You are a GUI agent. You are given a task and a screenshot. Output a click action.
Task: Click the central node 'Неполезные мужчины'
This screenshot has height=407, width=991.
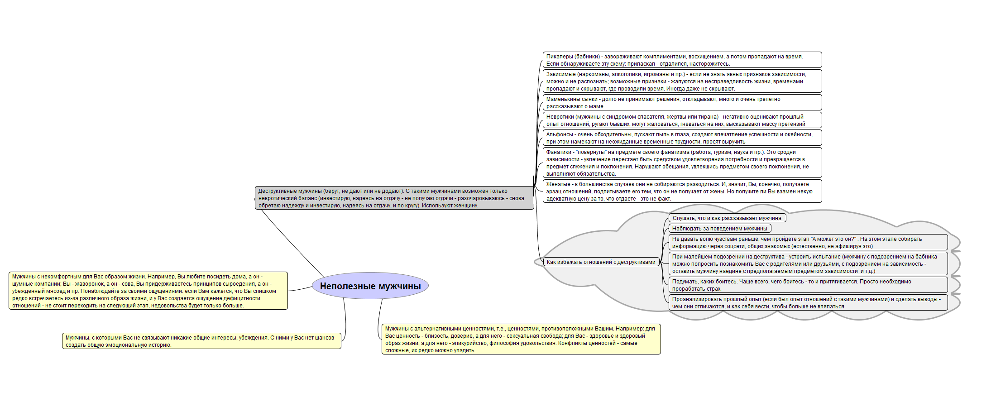370,286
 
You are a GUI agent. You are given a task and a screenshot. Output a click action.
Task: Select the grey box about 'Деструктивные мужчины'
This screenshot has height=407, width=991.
394,198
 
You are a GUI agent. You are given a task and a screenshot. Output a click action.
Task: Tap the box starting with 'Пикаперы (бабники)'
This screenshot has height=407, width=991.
682,60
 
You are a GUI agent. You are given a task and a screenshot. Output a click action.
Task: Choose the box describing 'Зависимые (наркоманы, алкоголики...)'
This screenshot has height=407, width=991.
682,81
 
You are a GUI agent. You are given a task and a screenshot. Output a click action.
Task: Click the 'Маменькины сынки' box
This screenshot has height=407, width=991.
682,102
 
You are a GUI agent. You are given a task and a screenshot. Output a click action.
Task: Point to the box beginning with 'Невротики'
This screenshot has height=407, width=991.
682,120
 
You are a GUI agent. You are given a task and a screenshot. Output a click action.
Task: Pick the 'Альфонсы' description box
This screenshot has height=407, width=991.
682,138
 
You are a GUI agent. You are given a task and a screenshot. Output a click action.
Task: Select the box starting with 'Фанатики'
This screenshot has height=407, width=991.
682,163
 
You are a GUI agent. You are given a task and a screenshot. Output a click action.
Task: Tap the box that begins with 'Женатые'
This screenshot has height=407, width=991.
682,191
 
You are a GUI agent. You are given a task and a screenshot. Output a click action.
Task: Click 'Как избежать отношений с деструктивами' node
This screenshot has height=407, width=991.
601,262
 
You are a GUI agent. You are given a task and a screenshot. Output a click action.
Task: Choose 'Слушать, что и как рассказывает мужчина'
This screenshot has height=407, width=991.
727,218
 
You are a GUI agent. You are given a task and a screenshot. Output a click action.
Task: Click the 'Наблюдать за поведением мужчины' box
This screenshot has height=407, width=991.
720,228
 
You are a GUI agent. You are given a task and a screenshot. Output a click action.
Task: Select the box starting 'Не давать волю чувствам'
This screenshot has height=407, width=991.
808,242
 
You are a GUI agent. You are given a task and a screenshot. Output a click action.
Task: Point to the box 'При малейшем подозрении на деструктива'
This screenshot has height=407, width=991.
808,263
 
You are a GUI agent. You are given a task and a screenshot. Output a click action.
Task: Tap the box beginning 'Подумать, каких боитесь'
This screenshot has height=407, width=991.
808,285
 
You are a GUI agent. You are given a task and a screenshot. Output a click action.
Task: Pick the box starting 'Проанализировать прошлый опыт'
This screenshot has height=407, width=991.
808,302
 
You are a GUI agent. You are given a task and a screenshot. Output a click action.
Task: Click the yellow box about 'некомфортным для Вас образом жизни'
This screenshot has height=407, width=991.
148,291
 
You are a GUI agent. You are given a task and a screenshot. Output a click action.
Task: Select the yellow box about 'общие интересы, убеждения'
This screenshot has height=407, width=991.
201,341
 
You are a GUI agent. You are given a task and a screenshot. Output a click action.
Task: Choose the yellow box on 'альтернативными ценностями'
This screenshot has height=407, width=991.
521,339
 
